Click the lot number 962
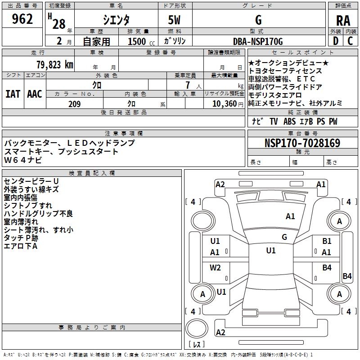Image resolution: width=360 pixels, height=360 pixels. click(22, 19)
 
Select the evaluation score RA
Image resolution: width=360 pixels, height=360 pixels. click(343, 21)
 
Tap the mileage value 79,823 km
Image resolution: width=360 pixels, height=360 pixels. click(55, 65)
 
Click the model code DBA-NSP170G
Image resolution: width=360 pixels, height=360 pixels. click(258, 41)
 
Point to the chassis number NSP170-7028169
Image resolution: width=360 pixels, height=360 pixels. click(302, 143)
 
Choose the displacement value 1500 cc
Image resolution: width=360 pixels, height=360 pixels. click(141, 41)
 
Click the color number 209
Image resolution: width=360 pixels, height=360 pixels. click(74, 104)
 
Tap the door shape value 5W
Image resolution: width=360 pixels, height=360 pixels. click(174, 20)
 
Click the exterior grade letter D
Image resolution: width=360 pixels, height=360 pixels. click(336, 41)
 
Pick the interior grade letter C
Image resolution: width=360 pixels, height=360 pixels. click(350, 41)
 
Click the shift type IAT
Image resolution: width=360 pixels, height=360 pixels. click(13, 94)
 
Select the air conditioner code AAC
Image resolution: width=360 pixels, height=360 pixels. click(35, 94)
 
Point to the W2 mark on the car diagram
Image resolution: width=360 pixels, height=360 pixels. click(215, 268)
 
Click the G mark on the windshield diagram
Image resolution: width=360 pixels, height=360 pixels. click(284, 237)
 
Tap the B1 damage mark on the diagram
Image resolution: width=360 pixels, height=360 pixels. click(327, 241)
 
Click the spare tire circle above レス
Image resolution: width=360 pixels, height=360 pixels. click(197, 328)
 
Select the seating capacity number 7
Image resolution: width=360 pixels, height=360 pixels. click(188, 85)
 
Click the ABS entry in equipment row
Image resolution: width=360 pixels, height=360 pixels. click(289, 121)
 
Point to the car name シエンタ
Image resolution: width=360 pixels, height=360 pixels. click(116, 20)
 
